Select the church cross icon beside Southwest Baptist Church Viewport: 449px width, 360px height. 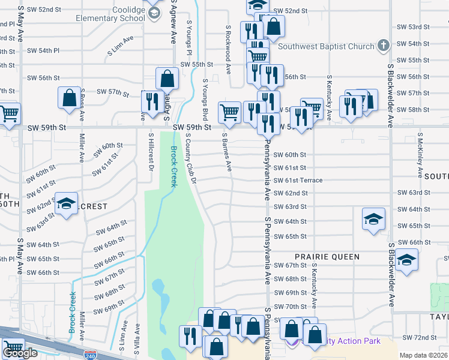382,46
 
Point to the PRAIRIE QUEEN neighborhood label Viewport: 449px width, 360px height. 327,257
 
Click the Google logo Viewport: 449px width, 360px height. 20,353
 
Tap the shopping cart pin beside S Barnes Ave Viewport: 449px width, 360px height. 230,113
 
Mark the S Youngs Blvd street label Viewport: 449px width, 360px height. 205,99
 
